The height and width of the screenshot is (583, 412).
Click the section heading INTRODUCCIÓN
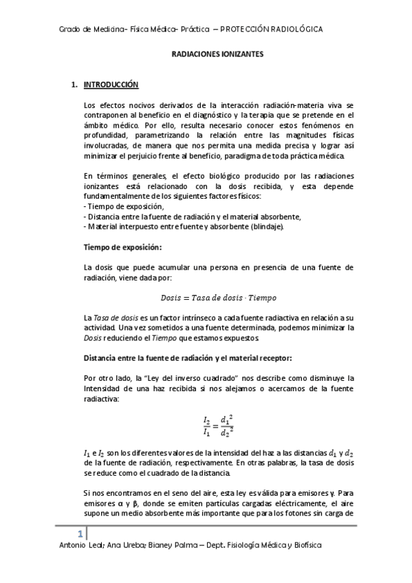click(x=111, y=85)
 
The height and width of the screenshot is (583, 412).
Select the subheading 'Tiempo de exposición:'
click(x=122, y=247)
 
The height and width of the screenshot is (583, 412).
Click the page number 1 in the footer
click(x=80, y=534)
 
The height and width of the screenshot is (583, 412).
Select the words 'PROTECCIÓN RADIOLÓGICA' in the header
click(x=272, y=30)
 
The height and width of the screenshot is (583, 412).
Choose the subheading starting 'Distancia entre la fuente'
click(x=187, y=358)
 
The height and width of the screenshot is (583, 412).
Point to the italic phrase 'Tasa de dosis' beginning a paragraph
click(x=113, y=318)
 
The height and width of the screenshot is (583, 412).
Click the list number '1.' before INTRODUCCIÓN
click(x=76, y=85)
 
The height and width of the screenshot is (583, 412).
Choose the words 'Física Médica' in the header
click(x=150, y=30)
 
